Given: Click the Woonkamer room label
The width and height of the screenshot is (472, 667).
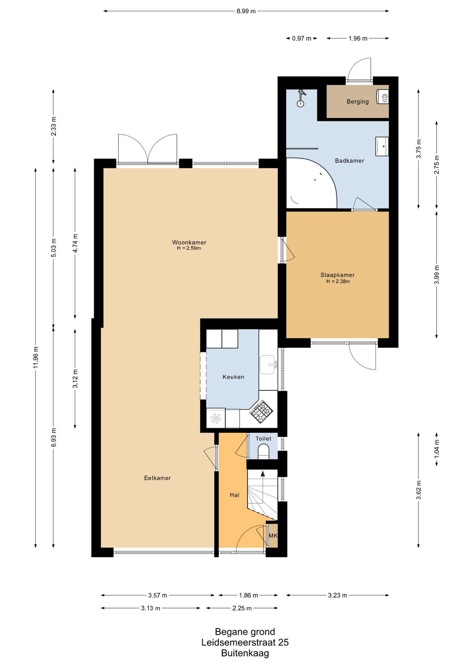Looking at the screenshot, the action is click(x=189, y=242).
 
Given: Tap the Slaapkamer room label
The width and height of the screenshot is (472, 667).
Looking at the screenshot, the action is click(x=337, y=275).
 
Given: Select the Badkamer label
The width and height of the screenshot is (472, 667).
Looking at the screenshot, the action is click(x=349, y=161).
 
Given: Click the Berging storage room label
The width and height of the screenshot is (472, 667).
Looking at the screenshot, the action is click(x=358, y=102).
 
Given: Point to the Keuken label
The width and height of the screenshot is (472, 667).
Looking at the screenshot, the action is click(x=233, y=377).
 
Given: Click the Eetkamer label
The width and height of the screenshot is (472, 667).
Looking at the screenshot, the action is click(x=157, y=478).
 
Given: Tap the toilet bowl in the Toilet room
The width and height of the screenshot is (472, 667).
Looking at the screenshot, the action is click(x=264, y=452).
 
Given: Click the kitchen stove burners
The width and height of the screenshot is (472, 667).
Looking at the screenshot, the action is click(x=261, y=412).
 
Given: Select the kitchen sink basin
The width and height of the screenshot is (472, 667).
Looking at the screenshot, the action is click(x=268, y=364).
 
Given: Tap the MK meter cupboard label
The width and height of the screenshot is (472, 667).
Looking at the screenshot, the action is click(x=273, y=536).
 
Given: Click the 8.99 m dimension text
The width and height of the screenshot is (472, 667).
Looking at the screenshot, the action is click(x=246, y=11).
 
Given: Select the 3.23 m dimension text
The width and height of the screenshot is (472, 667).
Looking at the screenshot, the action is click(x=337, y=595).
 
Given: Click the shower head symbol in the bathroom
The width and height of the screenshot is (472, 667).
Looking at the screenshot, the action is click(x=301, y=98).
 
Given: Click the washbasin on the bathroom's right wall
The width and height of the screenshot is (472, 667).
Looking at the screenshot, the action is click(x=382, y=146).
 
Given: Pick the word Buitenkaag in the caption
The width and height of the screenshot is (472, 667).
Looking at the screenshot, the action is click(x=245, y=653).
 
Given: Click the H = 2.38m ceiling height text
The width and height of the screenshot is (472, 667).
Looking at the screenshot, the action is click(x=338, y=282).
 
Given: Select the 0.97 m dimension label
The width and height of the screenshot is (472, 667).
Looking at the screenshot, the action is click(x=302, y=39).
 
